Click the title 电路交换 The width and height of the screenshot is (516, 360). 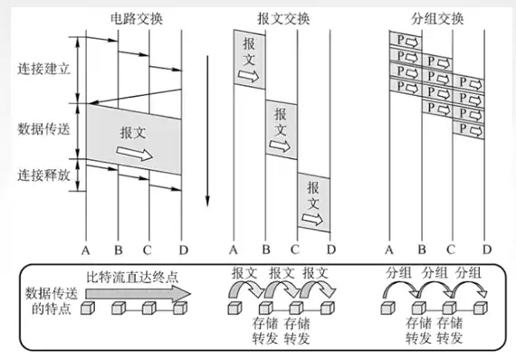(136, 19)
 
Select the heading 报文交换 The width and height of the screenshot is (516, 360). (283, 19)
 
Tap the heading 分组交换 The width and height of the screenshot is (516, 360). (437, 19)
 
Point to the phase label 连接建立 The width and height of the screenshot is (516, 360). (43, 69)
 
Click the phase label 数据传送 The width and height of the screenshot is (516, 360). (43, 128)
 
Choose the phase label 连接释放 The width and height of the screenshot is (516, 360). (43, 175)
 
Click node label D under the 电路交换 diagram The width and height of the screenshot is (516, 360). (184, 251)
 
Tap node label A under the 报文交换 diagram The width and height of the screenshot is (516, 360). (234, 251)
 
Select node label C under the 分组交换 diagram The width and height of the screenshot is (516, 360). (451, 250)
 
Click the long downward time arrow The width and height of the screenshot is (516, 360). (207, 131)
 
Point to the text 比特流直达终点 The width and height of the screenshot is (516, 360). (132, 278)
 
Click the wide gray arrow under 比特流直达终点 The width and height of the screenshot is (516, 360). (139, 294)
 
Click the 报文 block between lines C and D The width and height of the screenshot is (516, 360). (313, 203)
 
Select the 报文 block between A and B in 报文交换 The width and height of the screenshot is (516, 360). (250, 60)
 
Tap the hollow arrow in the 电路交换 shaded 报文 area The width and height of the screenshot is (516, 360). (134, 153)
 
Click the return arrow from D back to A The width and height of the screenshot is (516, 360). (135, 96)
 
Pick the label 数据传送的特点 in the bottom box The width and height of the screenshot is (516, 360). (52, 301)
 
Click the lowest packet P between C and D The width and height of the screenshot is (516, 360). (468, 130)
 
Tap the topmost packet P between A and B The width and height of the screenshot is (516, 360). (406, 41)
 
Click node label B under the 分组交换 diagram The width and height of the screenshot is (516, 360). (422, 250)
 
